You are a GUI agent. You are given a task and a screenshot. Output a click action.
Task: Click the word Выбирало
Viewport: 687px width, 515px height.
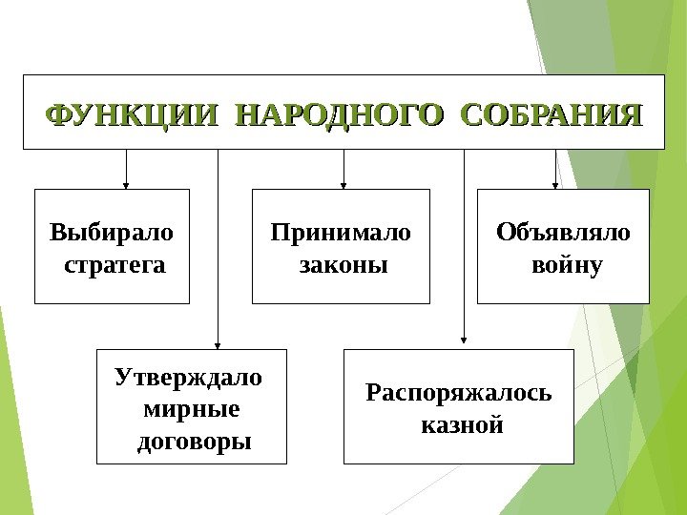[113, 232]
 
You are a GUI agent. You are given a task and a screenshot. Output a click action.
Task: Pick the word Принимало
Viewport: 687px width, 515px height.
[341, 232]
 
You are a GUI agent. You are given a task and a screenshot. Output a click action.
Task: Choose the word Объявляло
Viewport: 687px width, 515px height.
[563, 232]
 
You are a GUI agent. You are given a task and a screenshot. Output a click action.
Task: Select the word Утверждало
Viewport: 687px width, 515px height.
[187, 377]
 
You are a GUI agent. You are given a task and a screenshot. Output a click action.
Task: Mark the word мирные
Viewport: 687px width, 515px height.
[190, 409]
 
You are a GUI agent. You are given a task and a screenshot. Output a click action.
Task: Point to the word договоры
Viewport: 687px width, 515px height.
[194, 442]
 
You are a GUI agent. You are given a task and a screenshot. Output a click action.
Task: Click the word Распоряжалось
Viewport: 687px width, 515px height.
[459, 392]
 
